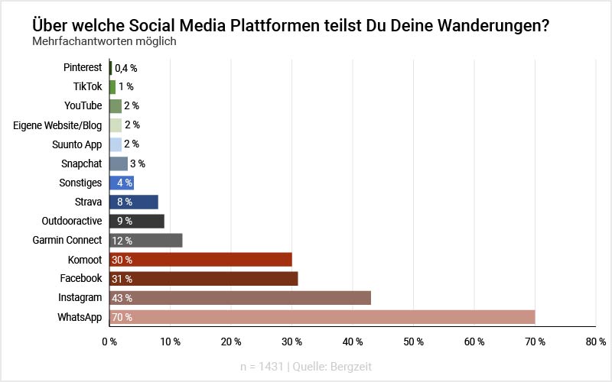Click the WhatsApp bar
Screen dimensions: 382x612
click(x=322, y=317)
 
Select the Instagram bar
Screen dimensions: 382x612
click(x=240, y=298)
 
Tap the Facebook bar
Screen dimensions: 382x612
click(x=203, y=279)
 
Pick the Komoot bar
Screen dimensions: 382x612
click(x=200, y=260)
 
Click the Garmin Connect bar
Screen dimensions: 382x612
click(x=146, y=241)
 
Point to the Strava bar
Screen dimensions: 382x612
click(x=134, y=202)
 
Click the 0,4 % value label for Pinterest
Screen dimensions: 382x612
click(x=125, y=68)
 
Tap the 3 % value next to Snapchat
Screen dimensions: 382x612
click(x=138, y=163)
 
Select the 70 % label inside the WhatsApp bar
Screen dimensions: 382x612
click(x=122, y=317)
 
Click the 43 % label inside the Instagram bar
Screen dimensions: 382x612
click(x=122, y=298)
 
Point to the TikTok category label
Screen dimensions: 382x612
click(x=87, y=87)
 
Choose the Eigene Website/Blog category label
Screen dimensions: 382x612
click(x=57, y=125)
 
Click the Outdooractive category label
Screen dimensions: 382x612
click(x=72, y=222)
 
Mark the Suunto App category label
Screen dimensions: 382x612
click(x=78, y=144)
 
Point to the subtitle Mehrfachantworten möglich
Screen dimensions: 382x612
click(x=104, y=41)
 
